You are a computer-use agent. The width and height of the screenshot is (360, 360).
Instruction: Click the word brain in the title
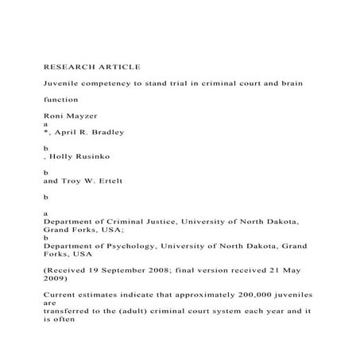(291, 83)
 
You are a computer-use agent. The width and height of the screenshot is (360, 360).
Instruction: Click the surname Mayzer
(76, 116)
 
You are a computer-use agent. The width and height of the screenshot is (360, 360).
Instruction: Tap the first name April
(64, 132)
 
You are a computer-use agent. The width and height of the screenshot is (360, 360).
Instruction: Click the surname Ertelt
(105, 180)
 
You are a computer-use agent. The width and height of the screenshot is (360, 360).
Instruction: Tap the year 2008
(159, 269)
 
